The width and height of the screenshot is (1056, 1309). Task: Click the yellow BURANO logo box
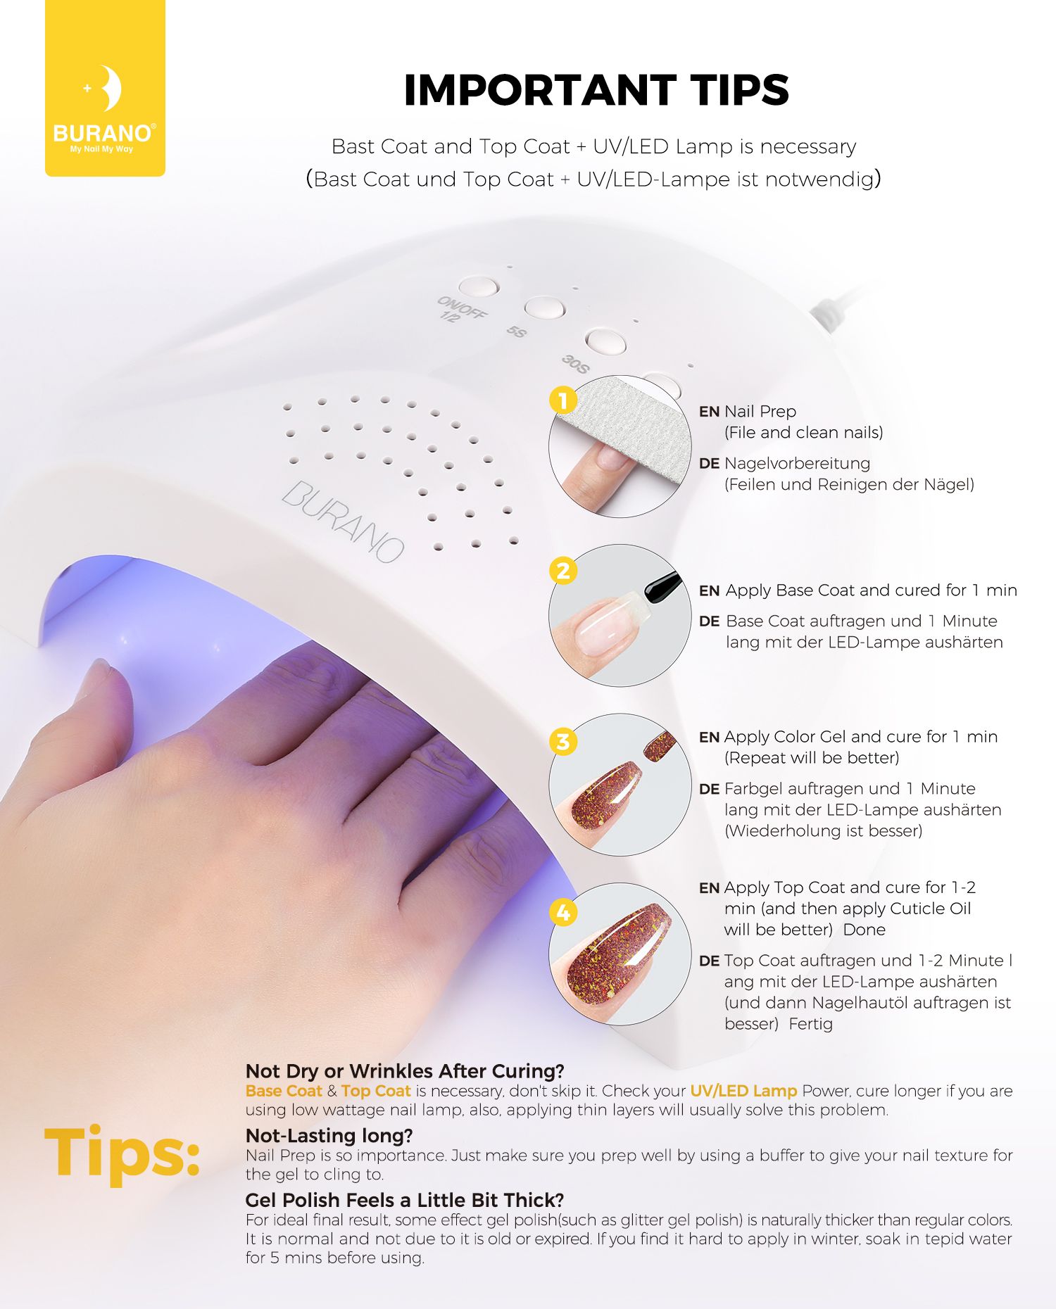tap(105, 87)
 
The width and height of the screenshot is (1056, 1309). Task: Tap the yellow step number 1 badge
tap(562, 400)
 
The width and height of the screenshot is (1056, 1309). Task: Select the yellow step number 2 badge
tap(562, 570)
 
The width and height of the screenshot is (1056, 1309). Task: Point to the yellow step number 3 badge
tap(562, 741)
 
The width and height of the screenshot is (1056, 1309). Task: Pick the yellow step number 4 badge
tap(562, 912)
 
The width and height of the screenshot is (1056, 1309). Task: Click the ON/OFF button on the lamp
tap(479, 286)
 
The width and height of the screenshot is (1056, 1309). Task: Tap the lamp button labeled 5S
tap(544, 308)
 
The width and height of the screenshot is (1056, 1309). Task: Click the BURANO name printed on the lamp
tap(344, 521)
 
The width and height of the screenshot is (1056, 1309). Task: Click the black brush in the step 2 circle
tap(662, 586)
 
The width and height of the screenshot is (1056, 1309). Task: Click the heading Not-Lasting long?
tap(329, 1135)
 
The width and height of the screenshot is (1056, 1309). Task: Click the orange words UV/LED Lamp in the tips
tap(743, 1091)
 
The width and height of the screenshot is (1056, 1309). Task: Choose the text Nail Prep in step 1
tap(760, 412)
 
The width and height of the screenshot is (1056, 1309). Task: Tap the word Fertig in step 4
tap(810, 1024)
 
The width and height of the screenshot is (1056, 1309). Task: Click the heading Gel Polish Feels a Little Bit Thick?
tap(405, 1200)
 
